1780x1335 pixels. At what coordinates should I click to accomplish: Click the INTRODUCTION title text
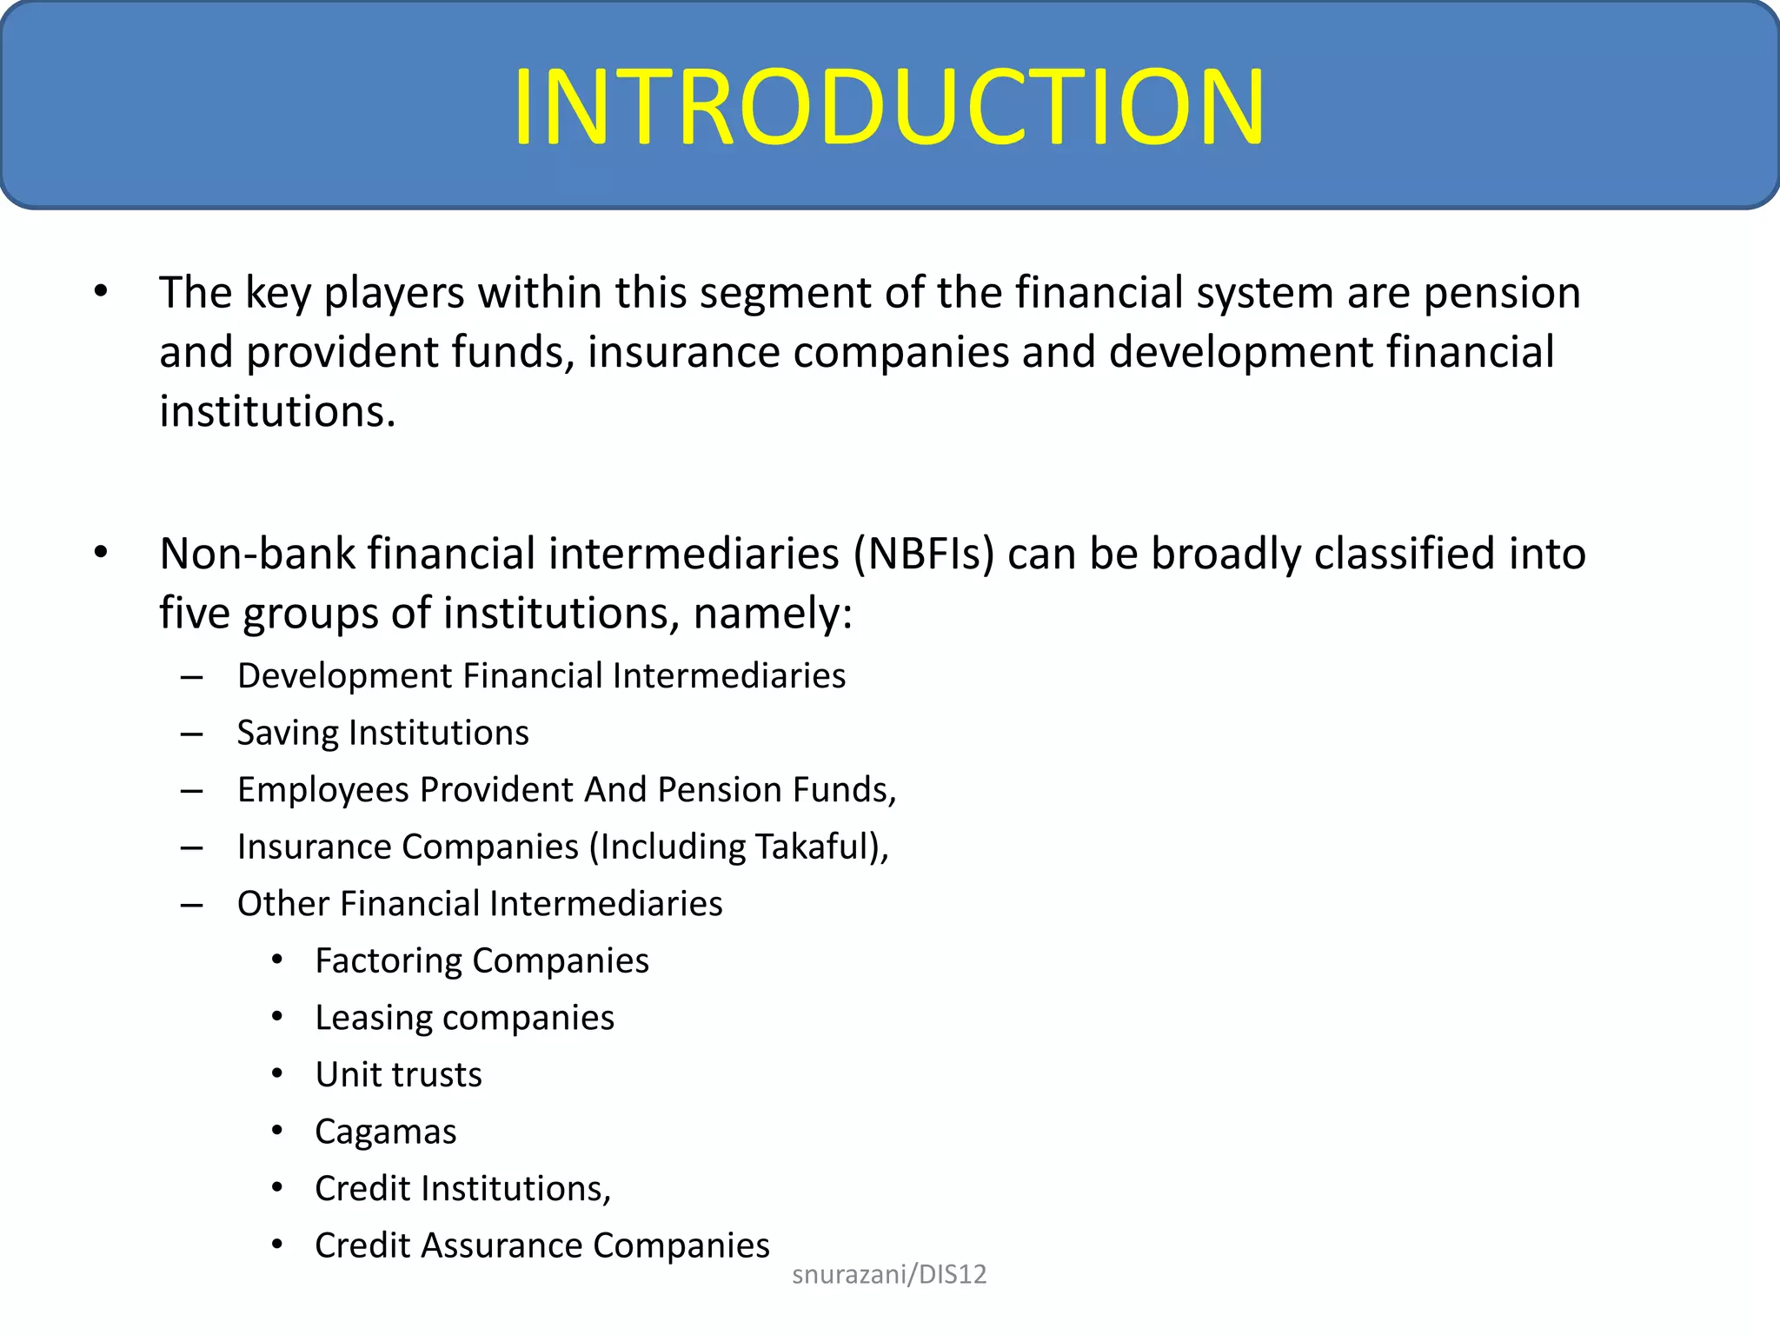coord(888,108)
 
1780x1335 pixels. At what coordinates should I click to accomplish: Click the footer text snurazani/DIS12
coord(889,1274)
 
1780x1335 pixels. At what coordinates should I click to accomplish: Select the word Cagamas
coord(385,1132)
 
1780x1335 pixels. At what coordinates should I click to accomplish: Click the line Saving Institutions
coord(382,733)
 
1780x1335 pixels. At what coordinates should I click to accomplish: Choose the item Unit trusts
coord(398,1075)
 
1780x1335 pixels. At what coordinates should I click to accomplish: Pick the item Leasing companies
coord(464,1018)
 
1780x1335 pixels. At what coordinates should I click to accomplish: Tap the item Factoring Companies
coord(482,961)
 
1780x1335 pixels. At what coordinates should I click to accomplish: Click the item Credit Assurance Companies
coord(541,1245)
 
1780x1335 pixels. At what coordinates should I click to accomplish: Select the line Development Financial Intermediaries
coord(541,676)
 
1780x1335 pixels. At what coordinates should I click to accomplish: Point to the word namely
coord(772,614)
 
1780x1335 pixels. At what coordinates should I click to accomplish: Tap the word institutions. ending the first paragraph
coord(277,412)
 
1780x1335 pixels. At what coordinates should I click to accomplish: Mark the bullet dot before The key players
coord(101,292)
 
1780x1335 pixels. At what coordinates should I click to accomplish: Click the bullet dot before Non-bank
coord(101,553)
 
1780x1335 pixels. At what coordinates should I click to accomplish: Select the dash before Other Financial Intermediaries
coord(191,905)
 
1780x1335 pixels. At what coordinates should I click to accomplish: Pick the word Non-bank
coord(256,555)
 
